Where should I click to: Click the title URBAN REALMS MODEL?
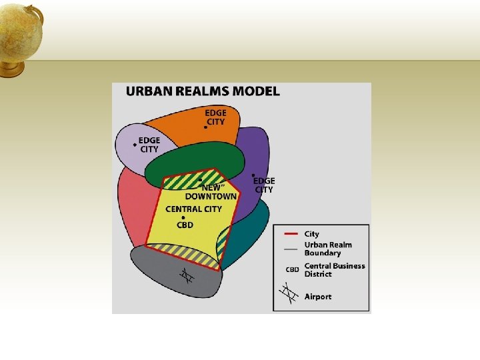pos(203,92)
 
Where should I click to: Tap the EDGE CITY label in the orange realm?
pos(215,117)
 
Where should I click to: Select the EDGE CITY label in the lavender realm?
pos(150,145)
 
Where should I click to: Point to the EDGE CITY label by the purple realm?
pos(264,185)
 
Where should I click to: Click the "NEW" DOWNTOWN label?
pos(211,192)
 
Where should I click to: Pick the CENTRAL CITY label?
pos(193,209)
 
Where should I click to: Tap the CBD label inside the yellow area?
pos(185,225)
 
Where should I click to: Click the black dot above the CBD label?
pos(183,217)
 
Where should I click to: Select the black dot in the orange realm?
pos(205,127)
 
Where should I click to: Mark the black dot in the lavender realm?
pos(135,145)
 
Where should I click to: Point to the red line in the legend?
pos(290,235)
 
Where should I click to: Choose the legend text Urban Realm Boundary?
pos(327,249)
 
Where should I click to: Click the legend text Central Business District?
pos(334,270)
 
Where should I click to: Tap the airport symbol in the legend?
pos(289,294)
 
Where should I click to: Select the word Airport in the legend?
pos(318,297)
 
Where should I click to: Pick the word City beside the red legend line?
pos(312,234)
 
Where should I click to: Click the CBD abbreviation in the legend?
pos(292,270)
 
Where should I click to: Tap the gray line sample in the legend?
pos(290,249)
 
